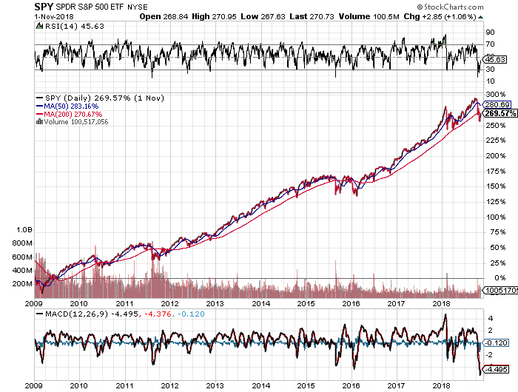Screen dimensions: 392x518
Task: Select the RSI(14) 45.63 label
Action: [64, 27]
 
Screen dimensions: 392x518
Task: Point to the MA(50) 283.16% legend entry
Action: [68, 107]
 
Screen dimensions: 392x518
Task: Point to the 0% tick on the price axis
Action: [491, 278]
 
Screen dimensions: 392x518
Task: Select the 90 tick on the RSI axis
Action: [489, 33]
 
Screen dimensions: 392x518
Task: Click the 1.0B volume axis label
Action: [23, 231]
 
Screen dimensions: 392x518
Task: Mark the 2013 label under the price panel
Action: [215, 303]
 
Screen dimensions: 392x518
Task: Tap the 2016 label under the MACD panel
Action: [351, 385]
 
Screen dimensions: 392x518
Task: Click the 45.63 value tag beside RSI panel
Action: [494, 59]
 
